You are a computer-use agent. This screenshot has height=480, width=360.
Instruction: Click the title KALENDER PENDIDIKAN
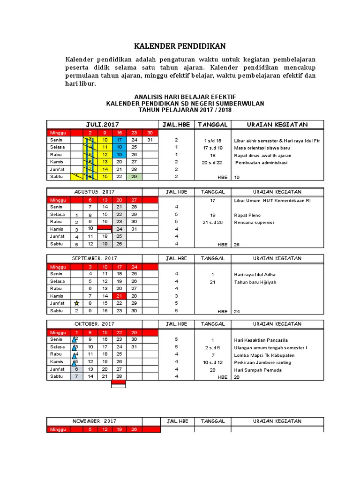[180, 46]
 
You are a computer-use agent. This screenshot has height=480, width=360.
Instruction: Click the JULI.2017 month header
[102, 124]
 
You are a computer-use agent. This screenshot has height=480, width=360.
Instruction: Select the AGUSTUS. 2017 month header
[94, 192]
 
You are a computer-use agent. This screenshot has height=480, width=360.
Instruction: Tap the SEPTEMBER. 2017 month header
[94, 258]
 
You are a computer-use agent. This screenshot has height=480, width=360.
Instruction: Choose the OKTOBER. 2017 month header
[94, 324]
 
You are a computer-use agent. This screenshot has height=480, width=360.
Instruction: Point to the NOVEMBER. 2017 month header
[94, 421]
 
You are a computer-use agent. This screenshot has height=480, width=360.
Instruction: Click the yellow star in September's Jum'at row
[77, 303]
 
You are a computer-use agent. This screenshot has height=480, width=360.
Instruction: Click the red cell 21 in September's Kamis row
[119, 296]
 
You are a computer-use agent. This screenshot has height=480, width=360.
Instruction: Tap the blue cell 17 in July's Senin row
[119, 140]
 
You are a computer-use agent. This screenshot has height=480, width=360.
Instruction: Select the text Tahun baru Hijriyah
[255, 282]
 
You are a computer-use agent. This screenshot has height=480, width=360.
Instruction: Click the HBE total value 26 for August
[237, 244]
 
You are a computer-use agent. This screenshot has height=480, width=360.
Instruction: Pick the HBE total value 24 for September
[237, 311]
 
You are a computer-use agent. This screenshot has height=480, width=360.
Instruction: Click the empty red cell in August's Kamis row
[104, 228]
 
